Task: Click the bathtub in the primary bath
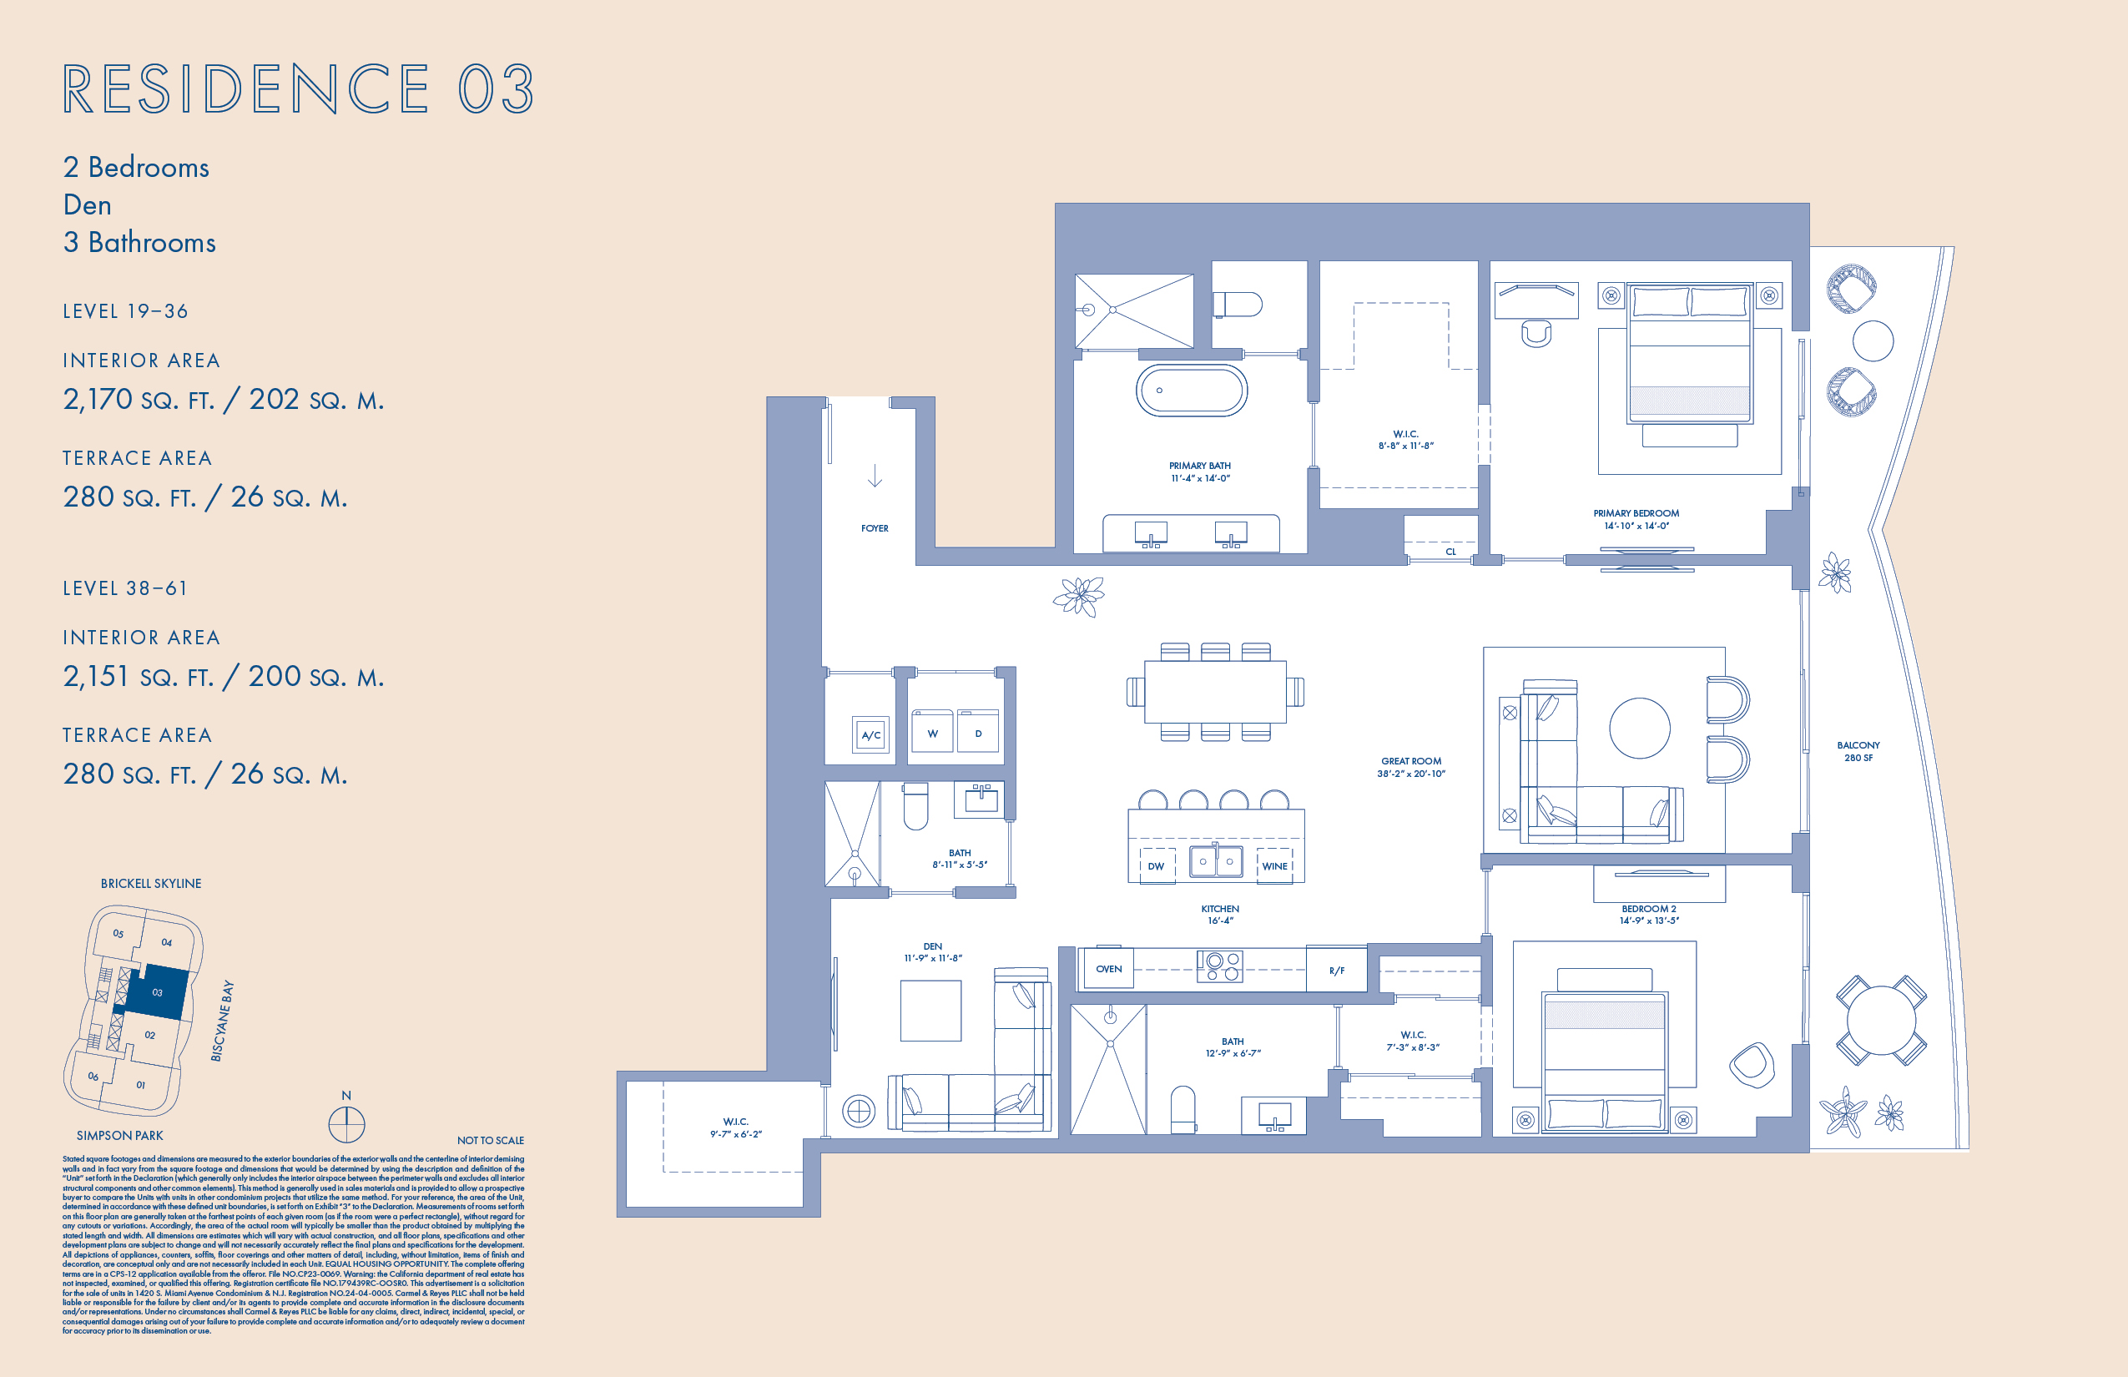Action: (1191, 390)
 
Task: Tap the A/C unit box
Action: (870, 735)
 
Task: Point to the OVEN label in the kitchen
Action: (1108, 969)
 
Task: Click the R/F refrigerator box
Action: (1336, 970)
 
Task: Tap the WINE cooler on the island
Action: (1274, 865)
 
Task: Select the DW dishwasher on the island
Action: (1156, 865)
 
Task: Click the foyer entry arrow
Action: (875, 476)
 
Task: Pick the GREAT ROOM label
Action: (1411, 761)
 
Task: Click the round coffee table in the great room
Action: (1639, 728)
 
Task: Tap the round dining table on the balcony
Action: (1880, 1019)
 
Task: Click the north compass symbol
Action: (346, 1124)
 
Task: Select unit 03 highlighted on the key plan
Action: (157, 991)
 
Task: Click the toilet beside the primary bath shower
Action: (1238, 305)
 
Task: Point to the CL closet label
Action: (1450, 552)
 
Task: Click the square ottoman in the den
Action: (930, 1011)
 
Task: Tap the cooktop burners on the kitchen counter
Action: (1220, 966)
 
